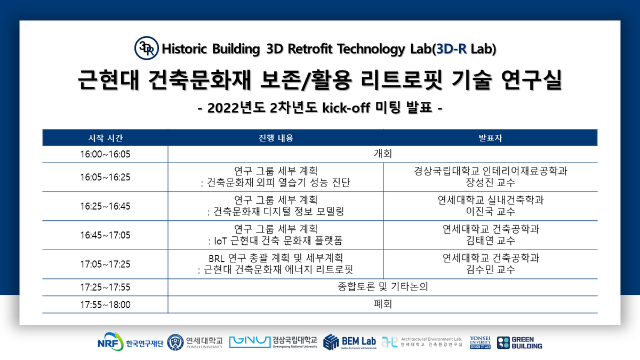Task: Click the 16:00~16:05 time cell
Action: tap(106, 154)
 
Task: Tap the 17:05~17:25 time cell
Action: tap(106, 264)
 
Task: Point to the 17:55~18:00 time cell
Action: tap(106, 305)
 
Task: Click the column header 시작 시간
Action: tap(106, 138)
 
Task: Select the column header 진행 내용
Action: tap(276, 138)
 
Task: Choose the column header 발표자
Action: tap(490, 138)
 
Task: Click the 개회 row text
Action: tap(383, 154)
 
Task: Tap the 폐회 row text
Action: tap(383, 305)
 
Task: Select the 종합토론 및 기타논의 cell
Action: tap(383, 287)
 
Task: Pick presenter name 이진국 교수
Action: tap(490, 212)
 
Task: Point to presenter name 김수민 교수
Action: tap(490, 269)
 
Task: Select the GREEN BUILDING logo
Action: tap(519, 342)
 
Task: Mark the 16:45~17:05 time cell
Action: tap(106, 235)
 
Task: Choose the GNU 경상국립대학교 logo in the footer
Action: tap(273, 342)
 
